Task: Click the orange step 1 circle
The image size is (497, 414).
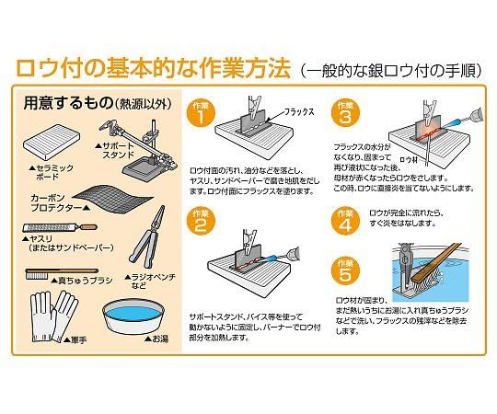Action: (x=201, y=113)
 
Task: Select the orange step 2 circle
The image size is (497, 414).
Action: (x=201, y=221)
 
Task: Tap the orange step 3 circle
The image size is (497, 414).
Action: (x=345, y=113)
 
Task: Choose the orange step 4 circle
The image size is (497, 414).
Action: (x=345, y=222)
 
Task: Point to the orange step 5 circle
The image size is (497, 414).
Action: (x=345, y=270)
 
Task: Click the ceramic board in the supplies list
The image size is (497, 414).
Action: (x=52, y=143)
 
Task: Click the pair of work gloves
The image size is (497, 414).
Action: (x=53, y=317)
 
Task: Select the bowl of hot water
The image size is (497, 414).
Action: (x=133, y=316)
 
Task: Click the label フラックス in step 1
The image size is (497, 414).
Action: (x=298, y=112)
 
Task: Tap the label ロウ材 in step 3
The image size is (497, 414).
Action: (x=409, y=159)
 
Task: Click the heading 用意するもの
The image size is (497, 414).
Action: (x=68, y=103)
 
